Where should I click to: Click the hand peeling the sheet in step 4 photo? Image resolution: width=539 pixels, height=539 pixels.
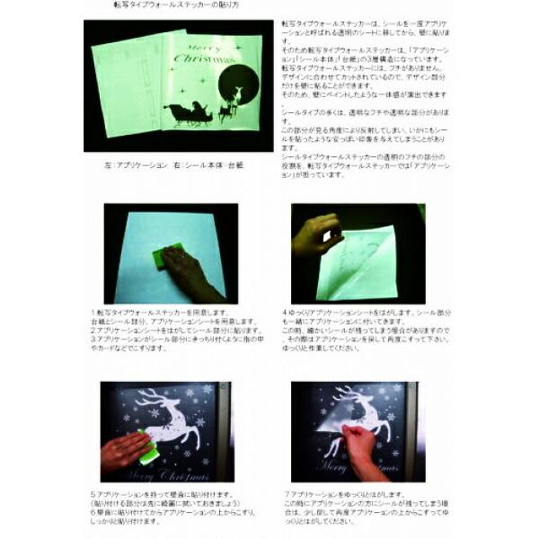tap(316, 236)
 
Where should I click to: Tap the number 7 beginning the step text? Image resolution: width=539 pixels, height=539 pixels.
tap(285, 493)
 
